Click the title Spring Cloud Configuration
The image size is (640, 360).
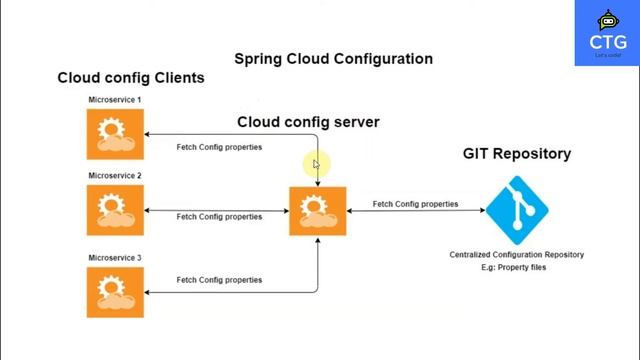(x=333, y=59)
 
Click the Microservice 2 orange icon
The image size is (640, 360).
(x=115, y=210)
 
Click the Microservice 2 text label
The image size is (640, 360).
(x=115, y=176)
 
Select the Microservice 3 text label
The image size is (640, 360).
(x=115, y=258)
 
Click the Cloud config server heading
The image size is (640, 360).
(x=308, y=123)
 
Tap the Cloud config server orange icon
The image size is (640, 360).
(x=317, y=211)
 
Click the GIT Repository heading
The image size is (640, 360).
(x=517, y=154)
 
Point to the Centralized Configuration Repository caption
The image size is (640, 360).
(x=516, y=255)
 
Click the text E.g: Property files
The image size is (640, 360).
(x=516, y=268)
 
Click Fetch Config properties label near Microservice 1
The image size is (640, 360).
(x=219, y=148)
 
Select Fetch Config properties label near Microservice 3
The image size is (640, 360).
(x=219, y=280)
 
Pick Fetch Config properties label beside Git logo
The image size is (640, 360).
(x=415, y=204)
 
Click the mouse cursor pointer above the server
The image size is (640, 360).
(x=316, y=165)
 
